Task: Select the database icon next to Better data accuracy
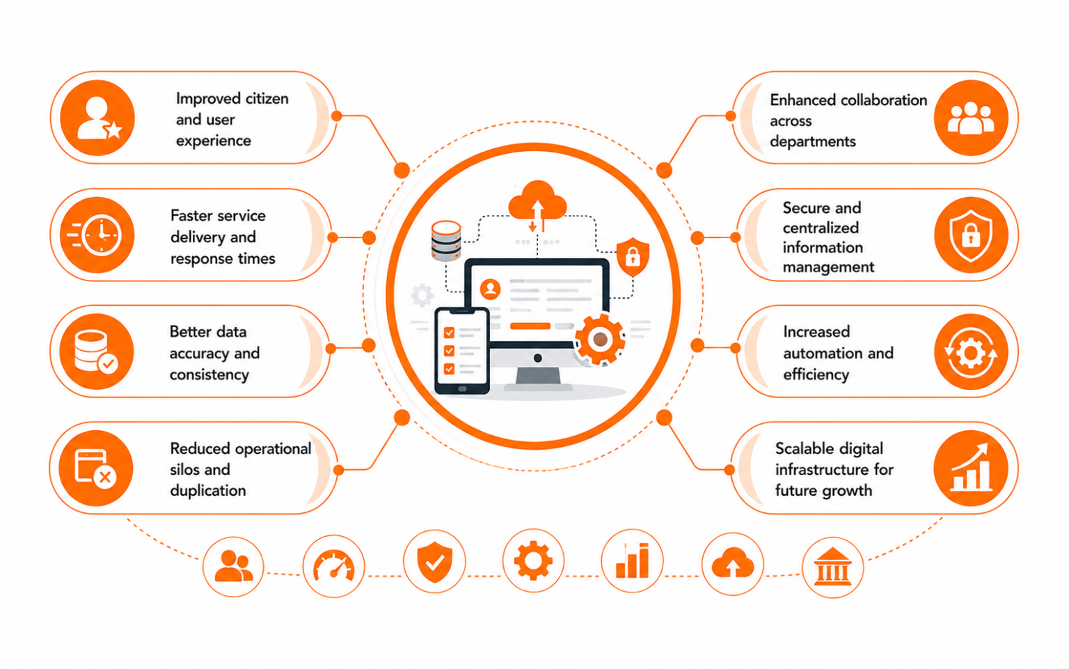(x=95, y=352)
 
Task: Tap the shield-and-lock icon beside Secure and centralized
(x=971, y=235)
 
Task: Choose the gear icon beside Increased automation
(x=971, y=353)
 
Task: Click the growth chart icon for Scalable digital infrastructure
(x=971, y=468)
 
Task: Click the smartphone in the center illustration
(x=462, y=351)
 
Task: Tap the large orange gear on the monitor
(x=600, y=340)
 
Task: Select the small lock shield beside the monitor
(x=633, y=257)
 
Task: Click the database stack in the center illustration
(x=446, y=241)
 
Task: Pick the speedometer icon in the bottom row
(x=333, y=567)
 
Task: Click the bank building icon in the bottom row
(x=833, y=567)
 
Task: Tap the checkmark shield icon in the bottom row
(x=434, y=562)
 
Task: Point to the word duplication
(x=207, y=490)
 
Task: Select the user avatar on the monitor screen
(x=490, y=289)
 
